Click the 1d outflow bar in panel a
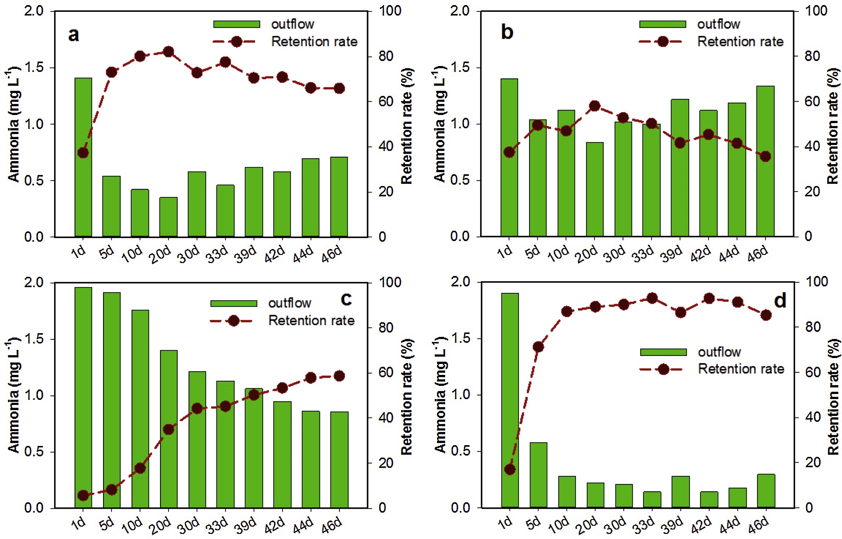(83, 157)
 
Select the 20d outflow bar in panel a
(168, 217)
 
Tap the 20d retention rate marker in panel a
(168, 52)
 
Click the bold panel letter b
(507, 32)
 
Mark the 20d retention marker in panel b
(595, 106)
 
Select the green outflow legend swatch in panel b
(663, 24)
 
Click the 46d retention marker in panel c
(339, 376)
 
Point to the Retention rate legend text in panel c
(311, 321)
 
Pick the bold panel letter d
(780, 301)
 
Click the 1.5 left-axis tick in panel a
(34, 67)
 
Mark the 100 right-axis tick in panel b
(816, 11)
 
